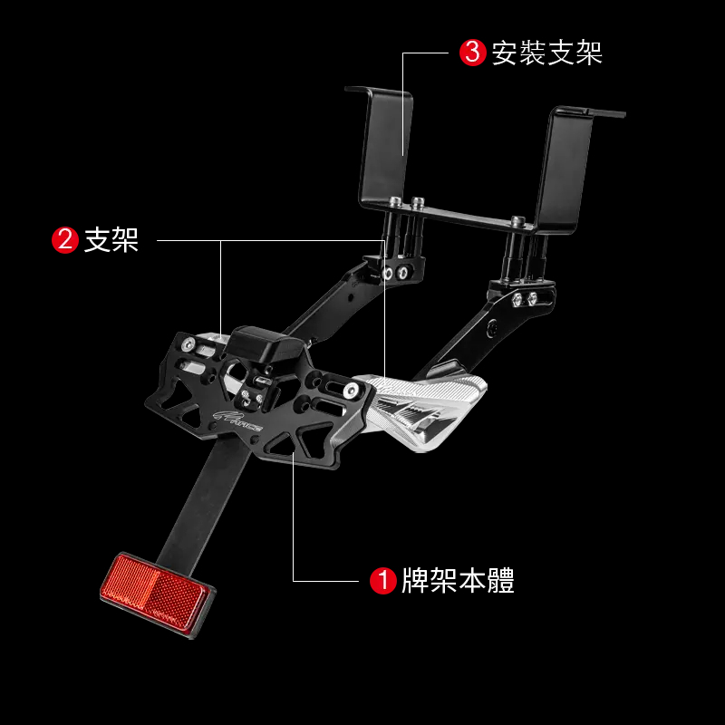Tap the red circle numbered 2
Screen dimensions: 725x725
[65, 240]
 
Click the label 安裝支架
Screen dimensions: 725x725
[547, 53]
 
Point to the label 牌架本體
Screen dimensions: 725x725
[459, 580]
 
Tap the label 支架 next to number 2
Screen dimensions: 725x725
[111, 240]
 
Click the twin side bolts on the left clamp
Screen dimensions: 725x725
[395, 272]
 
